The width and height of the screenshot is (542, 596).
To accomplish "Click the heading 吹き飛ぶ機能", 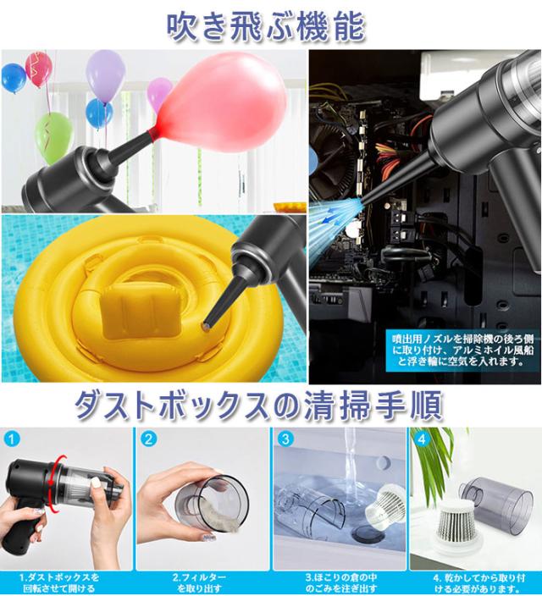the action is tap(265, 26).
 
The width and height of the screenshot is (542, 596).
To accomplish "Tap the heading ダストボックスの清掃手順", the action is tap(258, 405).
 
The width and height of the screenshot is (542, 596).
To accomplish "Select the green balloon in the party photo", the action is tap(54, 138).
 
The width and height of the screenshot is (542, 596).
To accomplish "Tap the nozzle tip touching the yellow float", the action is tap(207, 326).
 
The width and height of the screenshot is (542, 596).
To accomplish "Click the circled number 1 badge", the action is tap(11, 439).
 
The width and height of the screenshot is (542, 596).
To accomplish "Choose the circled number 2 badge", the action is tap(148, 439).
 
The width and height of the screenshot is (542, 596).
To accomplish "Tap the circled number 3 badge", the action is tap(285, 439).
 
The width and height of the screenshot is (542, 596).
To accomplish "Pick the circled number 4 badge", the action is tap(422, 439).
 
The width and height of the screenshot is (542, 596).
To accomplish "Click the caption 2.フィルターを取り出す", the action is tap(199, 582).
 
